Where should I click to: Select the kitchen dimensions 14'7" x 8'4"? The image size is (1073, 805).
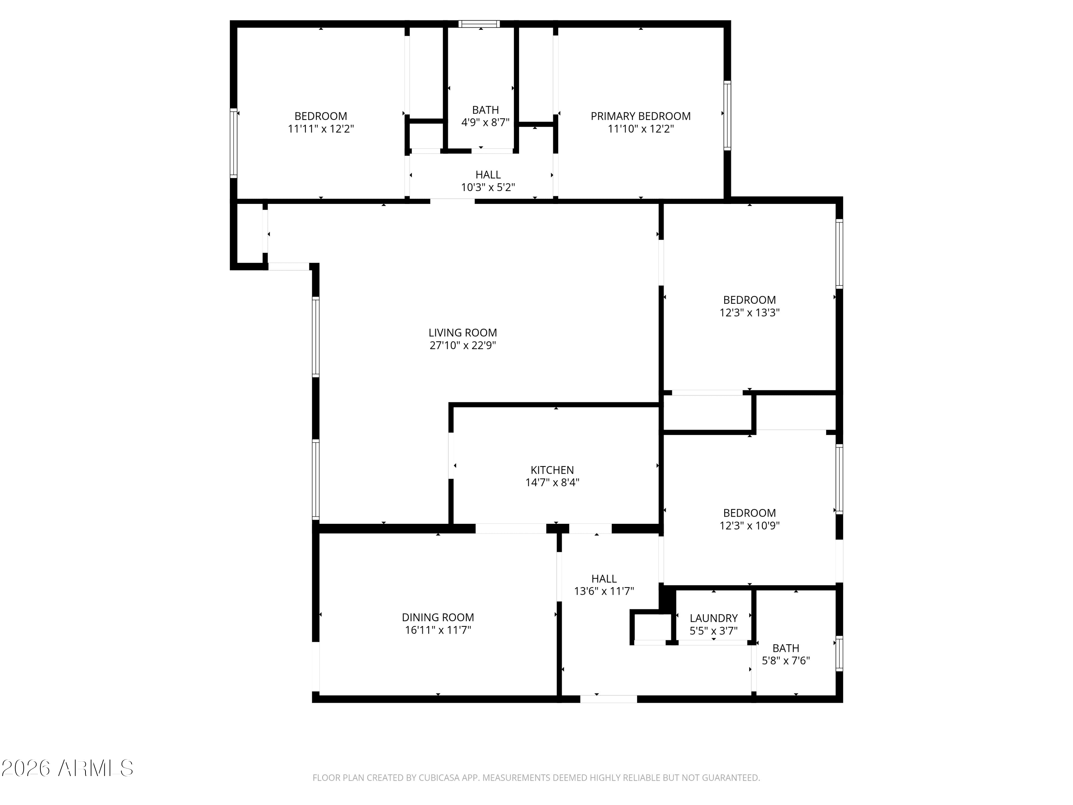[x=552, y=483]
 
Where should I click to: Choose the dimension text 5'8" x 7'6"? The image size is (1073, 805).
[x=785, y=661]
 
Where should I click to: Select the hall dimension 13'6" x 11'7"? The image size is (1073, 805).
[x=604, y=591]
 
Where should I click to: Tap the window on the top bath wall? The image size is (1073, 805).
[x=479, y=24]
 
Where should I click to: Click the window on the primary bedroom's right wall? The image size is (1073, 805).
[x=727, y=116]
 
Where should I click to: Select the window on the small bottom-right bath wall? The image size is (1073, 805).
[x=839, y=654]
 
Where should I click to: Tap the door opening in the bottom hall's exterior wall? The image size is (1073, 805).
[x=608, y=699]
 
